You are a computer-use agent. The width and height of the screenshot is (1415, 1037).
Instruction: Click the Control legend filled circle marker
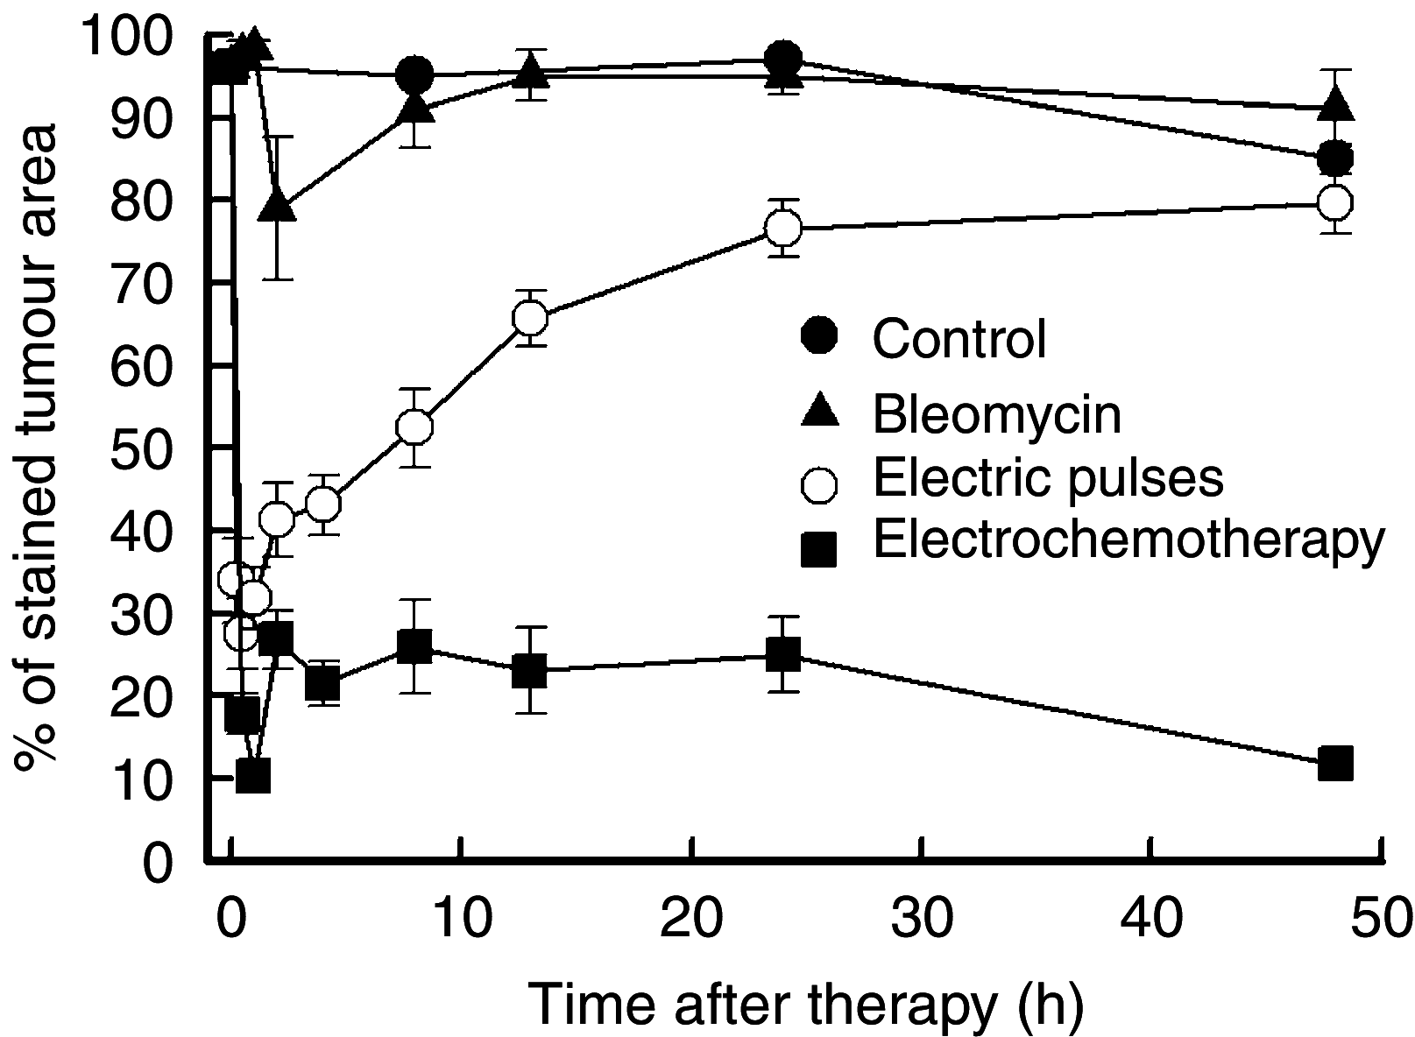point(820,336)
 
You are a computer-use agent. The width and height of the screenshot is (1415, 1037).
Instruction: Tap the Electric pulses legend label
point(1047,477)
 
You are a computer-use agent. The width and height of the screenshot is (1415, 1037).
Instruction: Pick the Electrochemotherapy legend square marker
point(820,550)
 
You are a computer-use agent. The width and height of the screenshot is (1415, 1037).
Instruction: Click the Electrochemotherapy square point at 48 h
point(1335,763)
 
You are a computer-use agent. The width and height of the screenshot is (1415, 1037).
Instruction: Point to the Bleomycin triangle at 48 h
point(1335,108)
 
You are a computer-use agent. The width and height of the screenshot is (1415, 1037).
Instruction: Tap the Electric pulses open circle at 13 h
point(531,318)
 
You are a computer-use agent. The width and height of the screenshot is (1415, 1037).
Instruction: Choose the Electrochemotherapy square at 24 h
point(782,654)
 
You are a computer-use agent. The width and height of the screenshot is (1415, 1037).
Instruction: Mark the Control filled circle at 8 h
point(414,75)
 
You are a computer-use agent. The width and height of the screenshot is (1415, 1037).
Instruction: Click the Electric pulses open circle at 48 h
point(1335,202)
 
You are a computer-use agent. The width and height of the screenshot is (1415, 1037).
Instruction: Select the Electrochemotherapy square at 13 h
point(531,672)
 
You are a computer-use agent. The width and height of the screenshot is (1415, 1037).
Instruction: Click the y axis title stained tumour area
point(35,447)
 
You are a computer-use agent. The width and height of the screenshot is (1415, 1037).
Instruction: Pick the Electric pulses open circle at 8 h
point(414,427)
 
